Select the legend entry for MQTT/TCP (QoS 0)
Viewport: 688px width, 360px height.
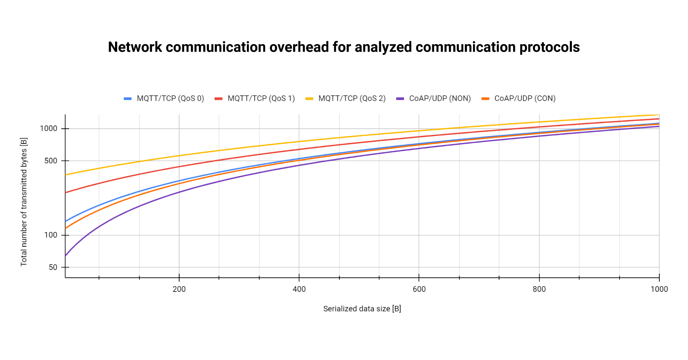point(164,98)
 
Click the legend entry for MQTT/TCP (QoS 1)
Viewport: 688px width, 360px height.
point(254,98)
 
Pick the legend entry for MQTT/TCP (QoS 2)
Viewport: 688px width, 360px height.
point(345,98)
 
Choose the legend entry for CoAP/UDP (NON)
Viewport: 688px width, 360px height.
point(433,98)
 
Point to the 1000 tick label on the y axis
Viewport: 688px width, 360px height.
point(48,128)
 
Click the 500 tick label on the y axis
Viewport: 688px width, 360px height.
point(51,161)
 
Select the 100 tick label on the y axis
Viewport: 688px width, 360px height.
point(51,235)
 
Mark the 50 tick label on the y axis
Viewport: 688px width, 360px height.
point(53,267)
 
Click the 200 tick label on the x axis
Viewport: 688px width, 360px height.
point(179,289)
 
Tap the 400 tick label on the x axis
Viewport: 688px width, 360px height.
point(299,289)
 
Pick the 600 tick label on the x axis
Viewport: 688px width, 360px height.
point(419,289)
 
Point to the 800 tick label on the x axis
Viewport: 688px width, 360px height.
point(539,289)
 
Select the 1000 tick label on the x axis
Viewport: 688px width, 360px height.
point(659,289)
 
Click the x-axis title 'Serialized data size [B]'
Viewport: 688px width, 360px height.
point(362,309)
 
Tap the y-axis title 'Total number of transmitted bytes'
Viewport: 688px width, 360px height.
point(24,202)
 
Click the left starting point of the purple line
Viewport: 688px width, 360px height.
point(66,256)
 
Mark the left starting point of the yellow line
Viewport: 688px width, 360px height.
point(66,175)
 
